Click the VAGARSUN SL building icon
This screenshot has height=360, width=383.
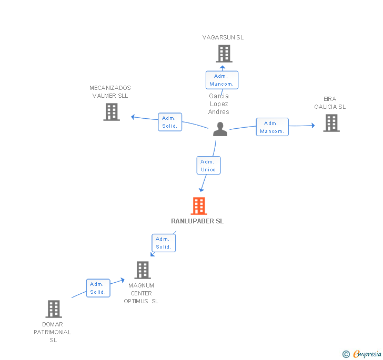pyautogui.click(x=224, y=54)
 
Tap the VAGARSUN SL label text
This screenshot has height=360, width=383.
pyautogui.click(x=223, y=37)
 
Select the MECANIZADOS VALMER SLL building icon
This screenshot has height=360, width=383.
pyautogui.click(x=112, y=112)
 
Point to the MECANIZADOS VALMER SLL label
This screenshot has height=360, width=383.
pyautogui.click(x=110, y=92)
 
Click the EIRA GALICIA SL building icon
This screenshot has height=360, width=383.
pyautogui.click(x=331, y=123)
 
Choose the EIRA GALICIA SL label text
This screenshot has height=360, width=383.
pyautogui.click(x=330, y=103)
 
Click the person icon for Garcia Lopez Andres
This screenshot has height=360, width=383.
pyautogui.click(x=220, y=129)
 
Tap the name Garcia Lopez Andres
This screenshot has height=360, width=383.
pyautogui.click(x=219, y=104)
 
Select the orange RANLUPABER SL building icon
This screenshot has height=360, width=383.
pyautogui.click(x=198, y=206)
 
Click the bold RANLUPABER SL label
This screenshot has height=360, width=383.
pyautogui.click(x=197, y=221)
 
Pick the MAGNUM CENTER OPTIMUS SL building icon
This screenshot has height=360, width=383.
pyautogui.click(x=143, y=270)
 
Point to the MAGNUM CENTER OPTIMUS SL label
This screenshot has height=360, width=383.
pyautogui.click(x=141, y=293)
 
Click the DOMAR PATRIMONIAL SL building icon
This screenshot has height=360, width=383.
pyautogui.click(x=54, y=309)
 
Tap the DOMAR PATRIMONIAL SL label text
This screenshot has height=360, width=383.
pyautogui.click(x=53, y=332)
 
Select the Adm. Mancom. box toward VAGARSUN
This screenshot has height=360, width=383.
pyautogui.click(x=222, y=80)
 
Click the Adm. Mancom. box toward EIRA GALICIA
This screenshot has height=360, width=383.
pyautogui.click(x=272, y=127)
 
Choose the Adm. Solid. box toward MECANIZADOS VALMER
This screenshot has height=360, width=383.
pyautogui.click(x=170, y=122)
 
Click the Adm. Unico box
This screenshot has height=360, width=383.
pyautogui.click(x=208, y=166)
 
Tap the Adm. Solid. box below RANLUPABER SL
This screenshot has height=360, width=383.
pyautogui.click(x=164, y=243)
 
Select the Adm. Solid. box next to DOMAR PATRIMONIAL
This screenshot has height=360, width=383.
pyautogui.click(x=98, y=288)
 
